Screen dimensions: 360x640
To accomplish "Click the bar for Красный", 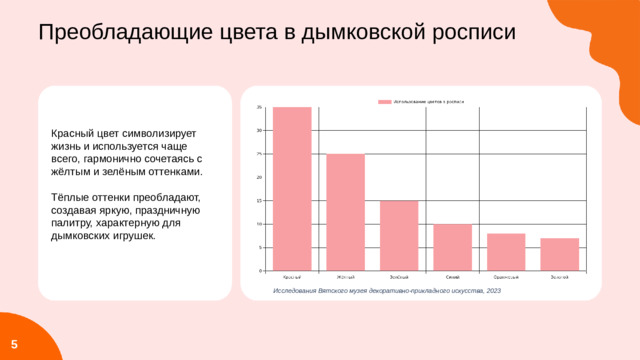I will [292, 189].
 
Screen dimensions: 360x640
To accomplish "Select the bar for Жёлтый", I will [345, 212].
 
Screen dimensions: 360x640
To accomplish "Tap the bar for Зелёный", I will [399, 236].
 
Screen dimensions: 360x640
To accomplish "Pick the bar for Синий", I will [452, 247].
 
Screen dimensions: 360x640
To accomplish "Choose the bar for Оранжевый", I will [506, 252].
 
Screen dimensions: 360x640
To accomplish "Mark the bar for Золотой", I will [559, 254].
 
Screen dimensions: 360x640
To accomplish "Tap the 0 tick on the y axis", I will [261, 271].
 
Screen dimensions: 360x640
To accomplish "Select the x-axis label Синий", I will [452, 277].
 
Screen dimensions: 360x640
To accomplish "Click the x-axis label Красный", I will [292, 277].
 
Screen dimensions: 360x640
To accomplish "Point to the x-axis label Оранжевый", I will [506, 277].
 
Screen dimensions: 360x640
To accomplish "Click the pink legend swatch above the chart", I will [384, 101].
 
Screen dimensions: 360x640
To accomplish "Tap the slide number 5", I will [14, 344].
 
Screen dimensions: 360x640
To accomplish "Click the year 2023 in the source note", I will [492, 290].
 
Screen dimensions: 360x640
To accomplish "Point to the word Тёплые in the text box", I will [70, 198].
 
